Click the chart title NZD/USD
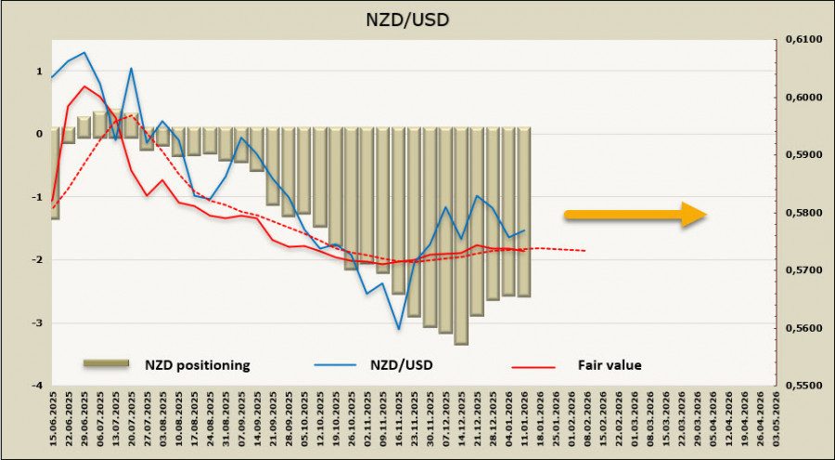pyautogui.click(x=417, y=18)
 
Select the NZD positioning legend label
pyautogui.click(x=196, y=365)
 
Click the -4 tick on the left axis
pyautogui.click(x=37, y=385)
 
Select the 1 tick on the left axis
pyautogui.click(x=39, y=71)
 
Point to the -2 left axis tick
pyautogui.click(x=37, y=259)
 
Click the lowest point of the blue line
pyautogui.click(x=399, y=328)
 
